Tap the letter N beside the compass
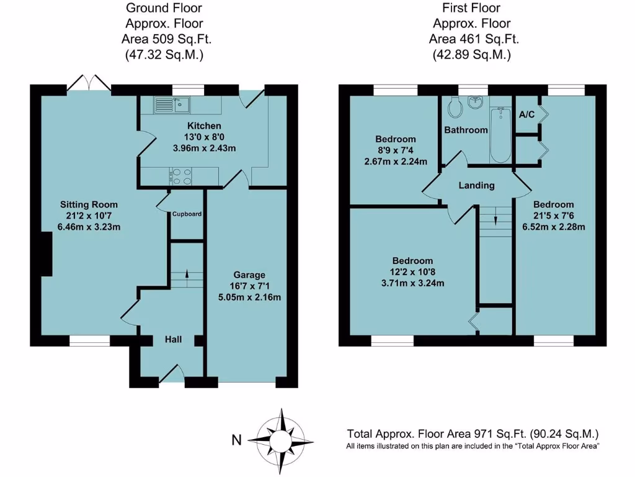[x=236, y=440]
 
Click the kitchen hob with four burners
[x=180, y=177]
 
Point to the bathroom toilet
[x=455, y=109]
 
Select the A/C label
[x=526, y=114]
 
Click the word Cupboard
[x=187, y=214]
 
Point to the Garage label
[x=249, y=275]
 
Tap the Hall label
[x=173, y=340]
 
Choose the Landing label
[x=476, y=185]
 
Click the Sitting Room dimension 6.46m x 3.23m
[x=89, y=227]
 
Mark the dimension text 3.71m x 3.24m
[x=412, y=283]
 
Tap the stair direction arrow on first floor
[x=495, y=219]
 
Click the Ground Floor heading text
[x=164, y=8]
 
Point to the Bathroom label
[x=466, y=130]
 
